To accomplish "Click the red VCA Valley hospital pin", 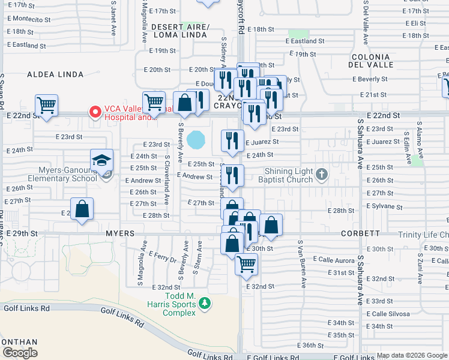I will [94, 112].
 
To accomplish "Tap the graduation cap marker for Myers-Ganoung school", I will [102, 161].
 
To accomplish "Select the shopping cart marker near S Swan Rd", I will [46, 106].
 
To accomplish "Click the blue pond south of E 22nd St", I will [196, 140].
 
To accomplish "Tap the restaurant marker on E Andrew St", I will [232, 176].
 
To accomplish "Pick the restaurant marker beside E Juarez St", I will [232, 141].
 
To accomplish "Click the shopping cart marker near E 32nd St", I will [246, 264].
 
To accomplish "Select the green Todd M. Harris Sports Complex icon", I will [205, 304].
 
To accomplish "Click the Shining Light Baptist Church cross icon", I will [322, 175].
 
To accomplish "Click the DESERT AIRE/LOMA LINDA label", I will [179, 31].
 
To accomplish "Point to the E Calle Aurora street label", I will [334, 260].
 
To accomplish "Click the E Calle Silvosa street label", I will [388, 314].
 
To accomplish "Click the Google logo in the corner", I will [19, 353].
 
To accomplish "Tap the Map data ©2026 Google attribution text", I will [412, 355].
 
